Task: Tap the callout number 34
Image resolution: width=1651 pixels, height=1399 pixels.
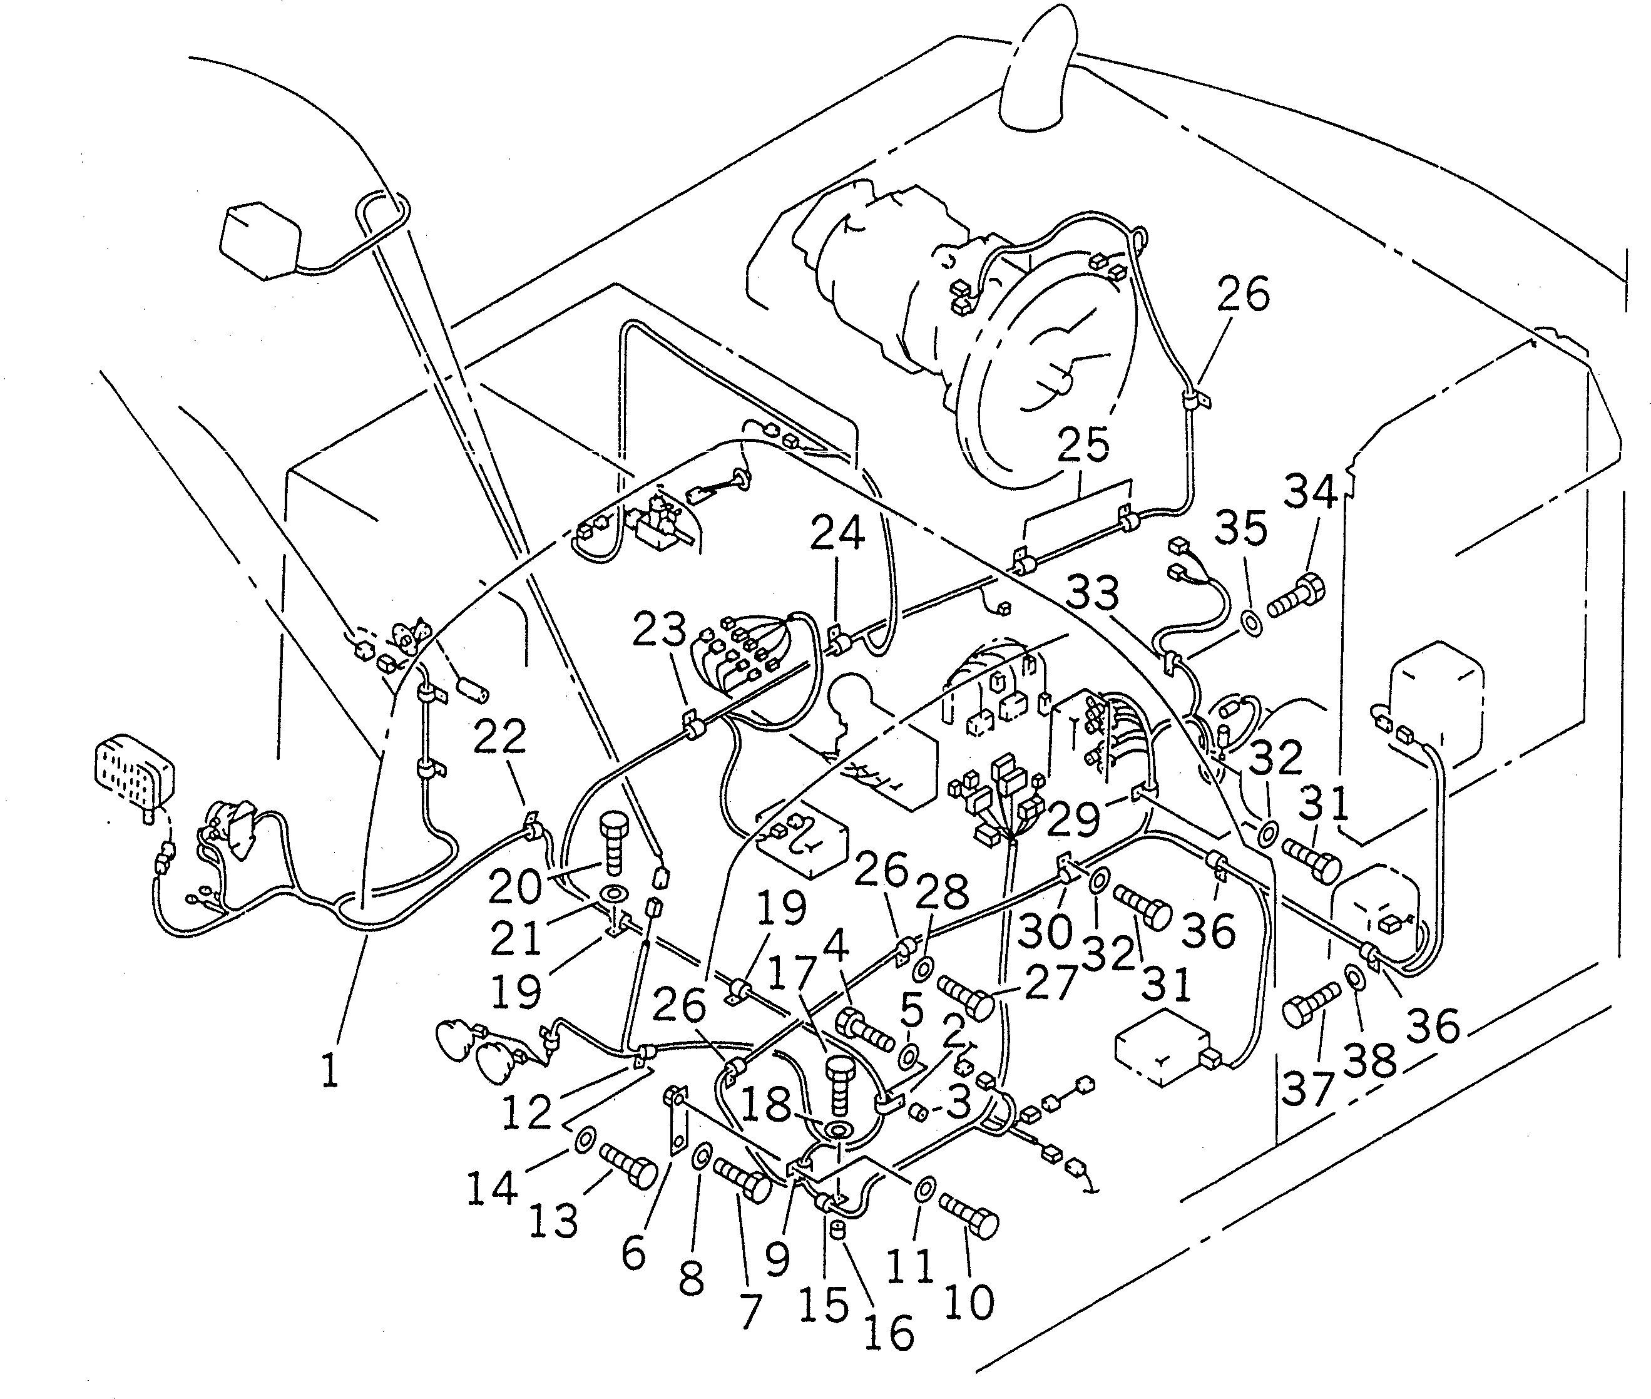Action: pyautogui.click(x=1310, y=491)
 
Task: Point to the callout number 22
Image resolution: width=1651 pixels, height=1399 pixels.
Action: pyautogui.click(x=499, y=736)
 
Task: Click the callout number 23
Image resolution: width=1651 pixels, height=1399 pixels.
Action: pyautogui.click(x=659, y=630)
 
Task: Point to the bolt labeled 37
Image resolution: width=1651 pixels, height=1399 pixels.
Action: pyautogui.click(x=1310, y=1005)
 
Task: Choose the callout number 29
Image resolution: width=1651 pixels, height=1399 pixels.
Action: pyautogui.click(x=1073, y=820)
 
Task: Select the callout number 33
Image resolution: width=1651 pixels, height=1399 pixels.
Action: pyautogui.click(x=1092, y=592)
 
